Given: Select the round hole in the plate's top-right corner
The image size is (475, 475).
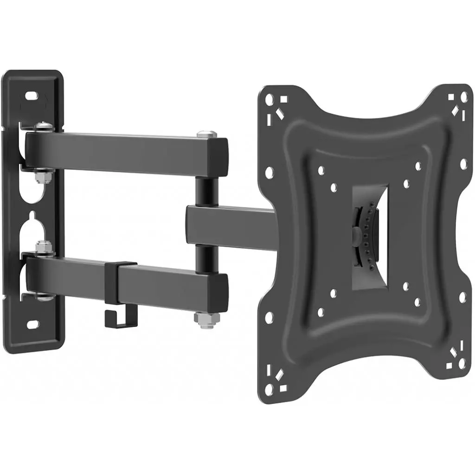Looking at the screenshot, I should coord(463,97).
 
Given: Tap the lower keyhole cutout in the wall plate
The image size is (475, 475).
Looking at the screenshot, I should coord(32,227).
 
